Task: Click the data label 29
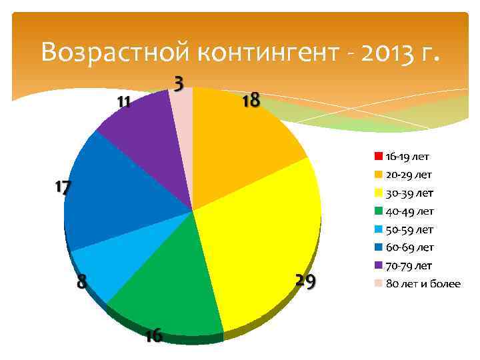coord(305,282)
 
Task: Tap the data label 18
coord(251,101)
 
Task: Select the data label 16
coord(153,335)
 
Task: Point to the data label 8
coord(81,282)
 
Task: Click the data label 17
coord(62,188)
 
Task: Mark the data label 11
coord(123,103)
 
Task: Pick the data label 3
coord(179,83)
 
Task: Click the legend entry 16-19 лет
coord(407,157)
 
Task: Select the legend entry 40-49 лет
coord(409,211)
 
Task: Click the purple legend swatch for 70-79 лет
coord(378,266)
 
